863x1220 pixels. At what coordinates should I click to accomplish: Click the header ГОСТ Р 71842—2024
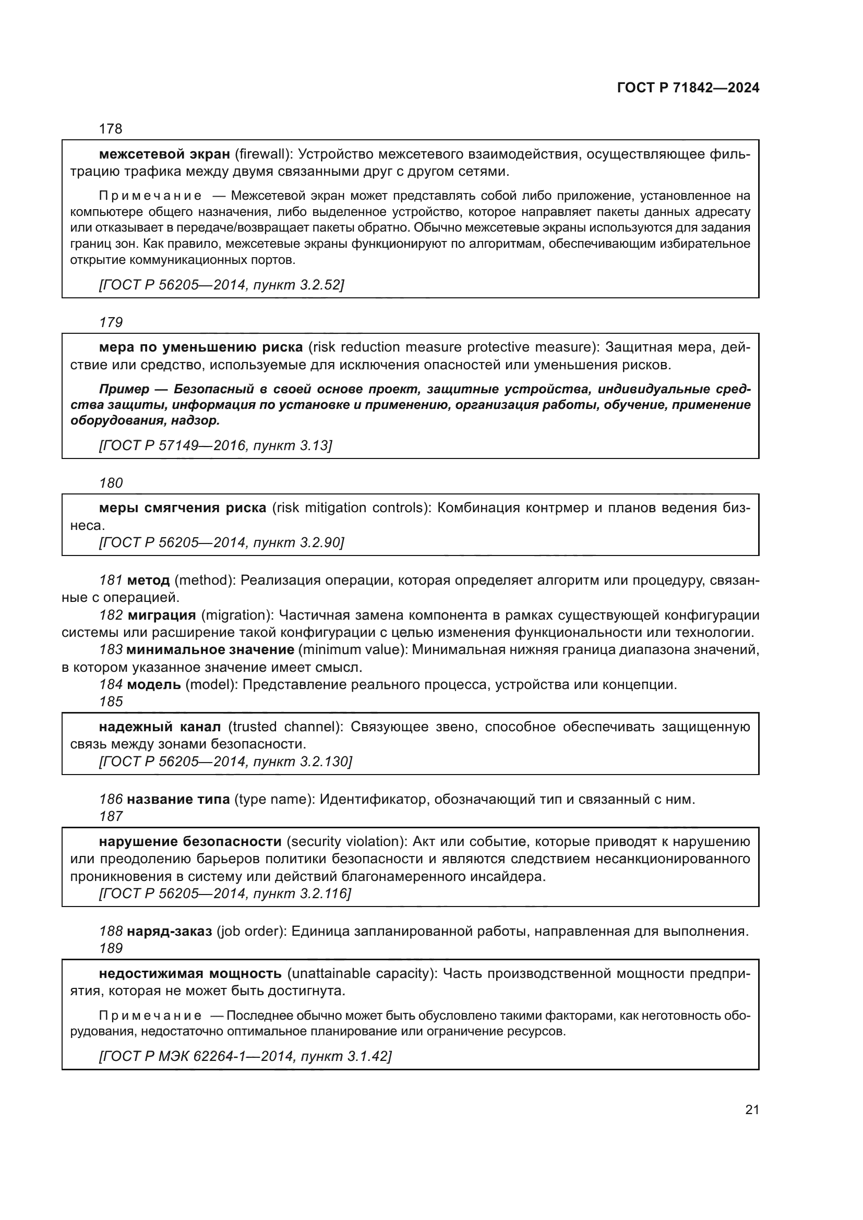click(688, 88)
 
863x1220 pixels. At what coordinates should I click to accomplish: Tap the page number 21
click(751, 1109)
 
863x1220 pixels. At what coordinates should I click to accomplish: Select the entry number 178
click(111, 129)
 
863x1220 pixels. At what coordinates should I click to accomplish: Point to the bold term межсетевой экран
click(164, 154)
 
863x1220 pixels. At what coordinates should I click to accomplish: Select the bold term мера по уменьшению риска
click(201, 347)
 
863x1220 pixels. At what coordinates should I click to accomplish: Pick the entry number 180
click(111, 482)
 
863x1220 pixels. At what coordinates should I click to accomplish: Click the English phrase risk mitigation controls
click(351, 508)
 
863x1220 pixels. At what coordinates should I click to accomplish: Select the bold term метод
click(148, 579)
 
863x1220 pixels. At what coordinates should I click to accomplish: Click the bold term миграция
click(162, 615)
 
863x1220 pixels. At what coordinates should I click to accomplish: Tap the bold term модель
click(153, 684)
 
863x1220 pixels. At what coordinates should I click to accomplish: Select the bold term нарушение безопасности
click(190, 841)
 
